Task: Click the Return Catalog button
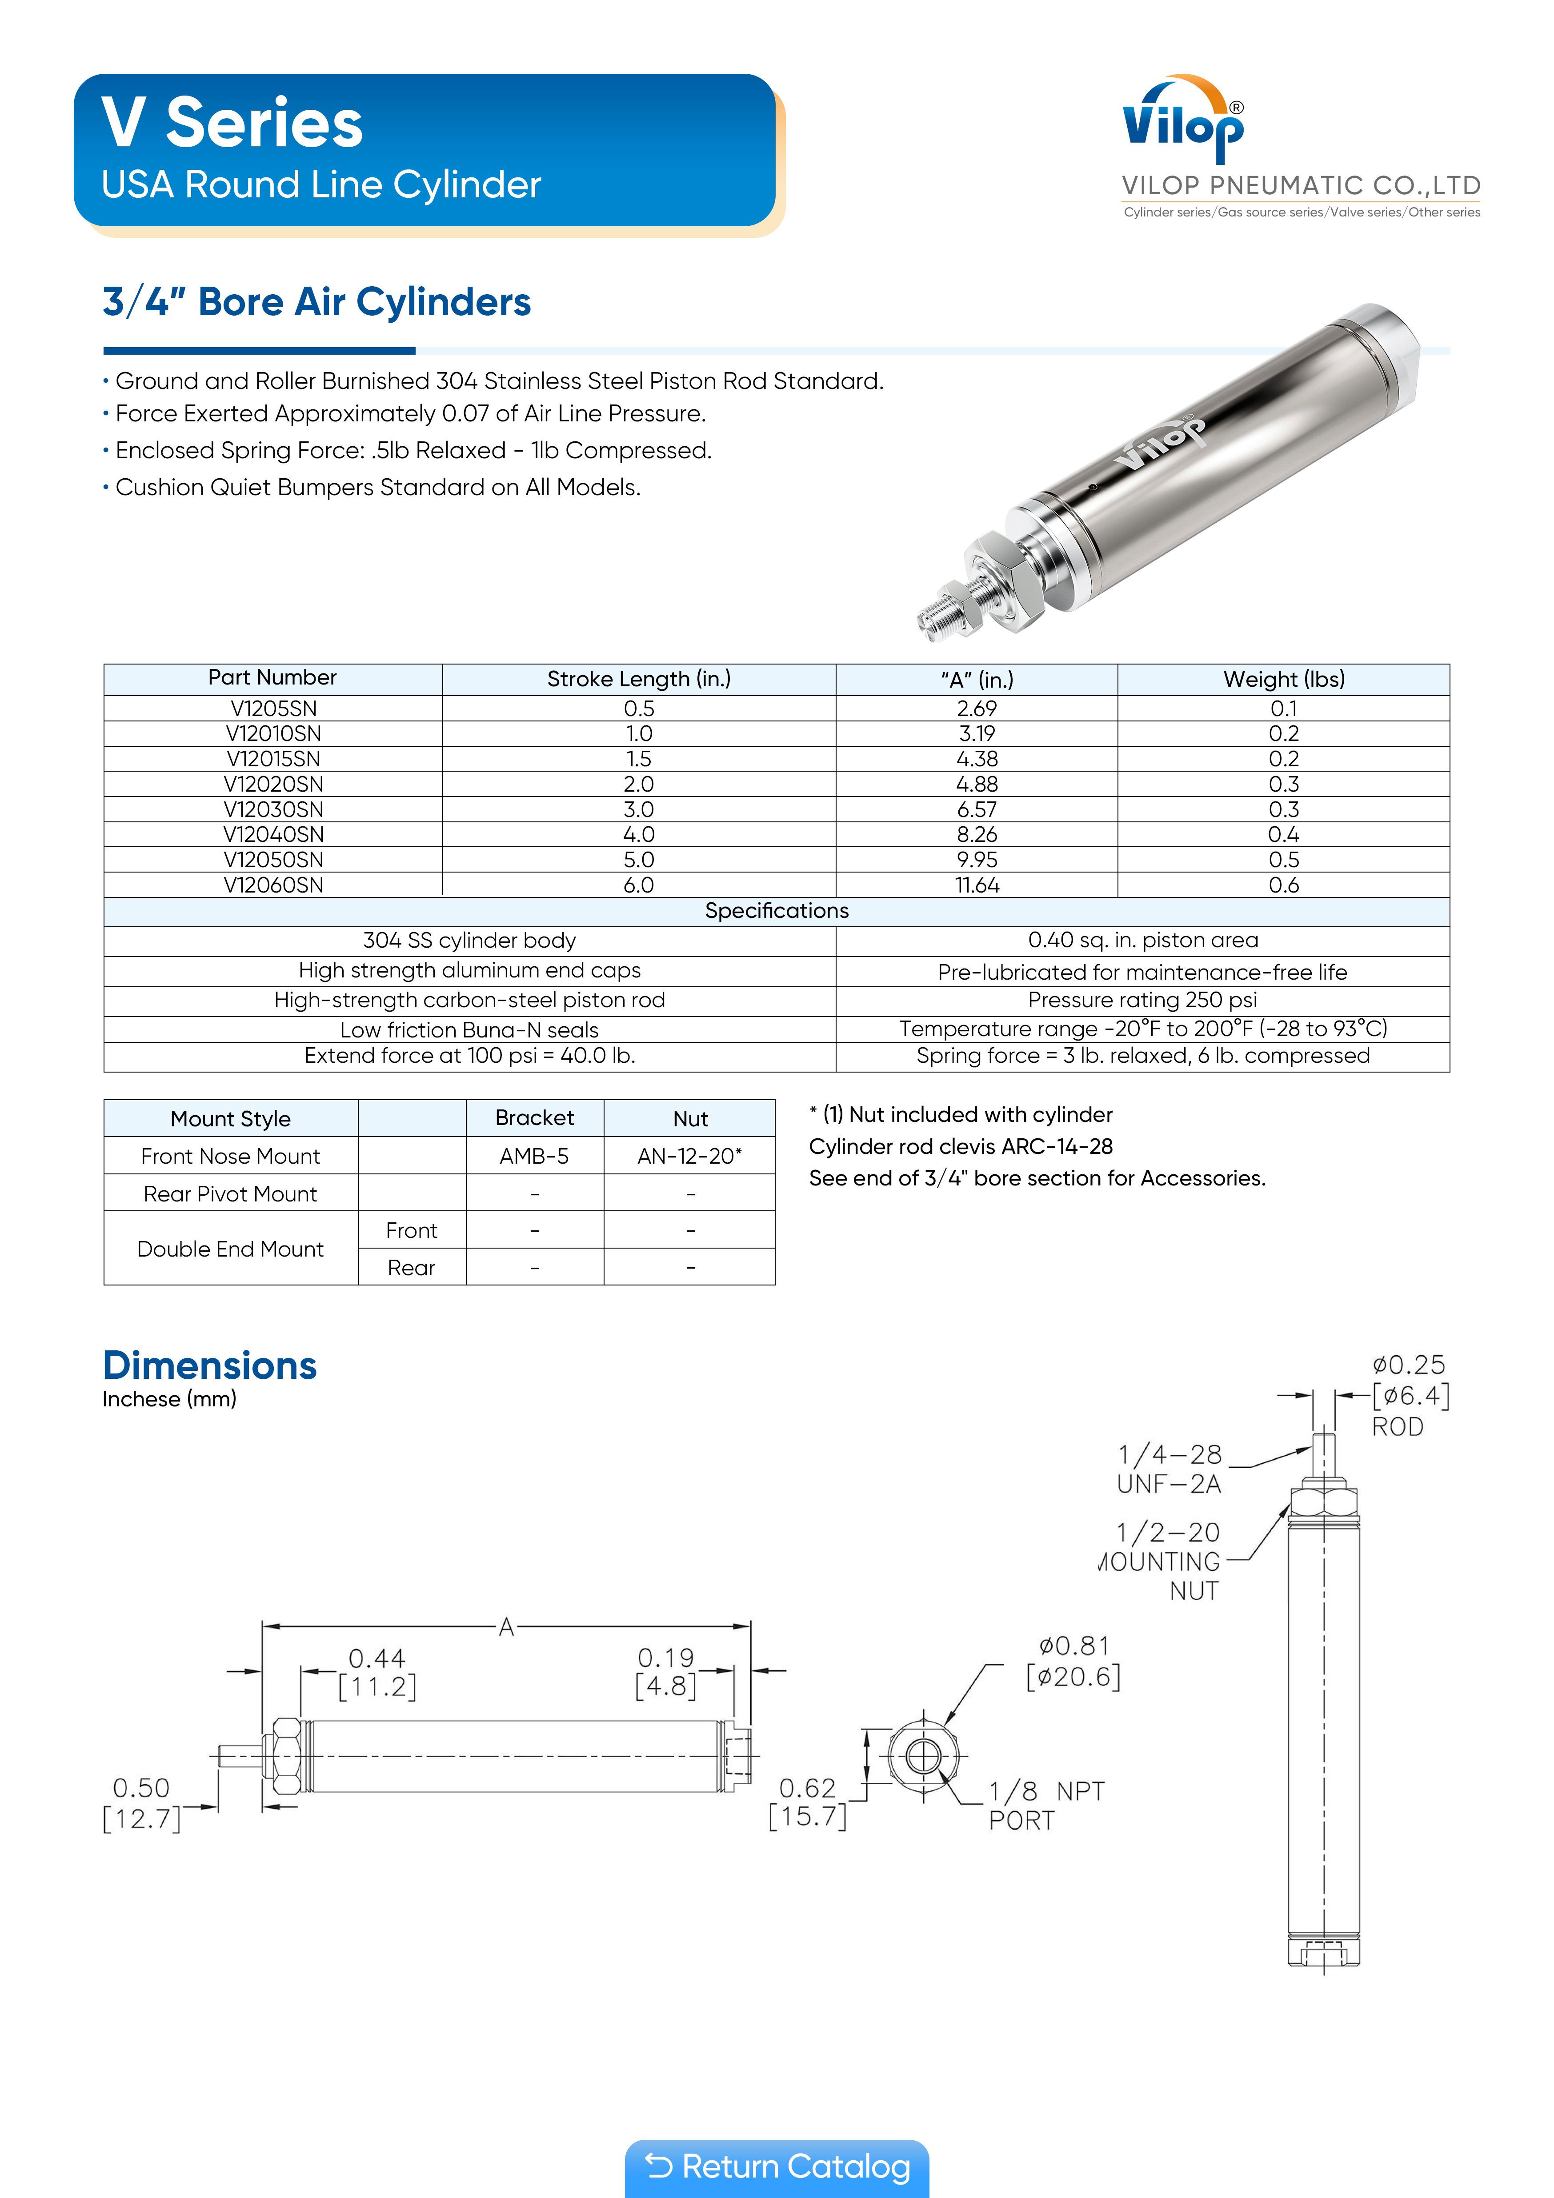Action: coord(777,2166)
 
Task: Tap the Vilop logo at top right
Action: coord(1183,123)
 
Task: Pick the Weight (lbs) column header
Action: coord(1283,679)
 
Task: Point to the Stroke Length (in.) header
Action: coord(639,679)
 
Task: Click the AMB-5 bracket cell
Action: coord(534,1157)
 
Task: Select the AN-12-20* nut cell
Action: coord(689,1157)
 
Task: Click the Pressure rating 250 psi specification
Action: coord(1142,1001)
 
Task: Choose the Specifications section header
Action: coord(777,910)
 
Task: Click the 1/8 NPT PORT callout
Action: coord(1045,1806)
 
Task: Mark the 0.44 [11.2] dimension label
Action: coord(377,1673)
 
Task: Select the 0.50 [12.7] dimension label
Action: coord(142,1803)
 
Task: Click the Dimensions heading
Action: coord(210,1365)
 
